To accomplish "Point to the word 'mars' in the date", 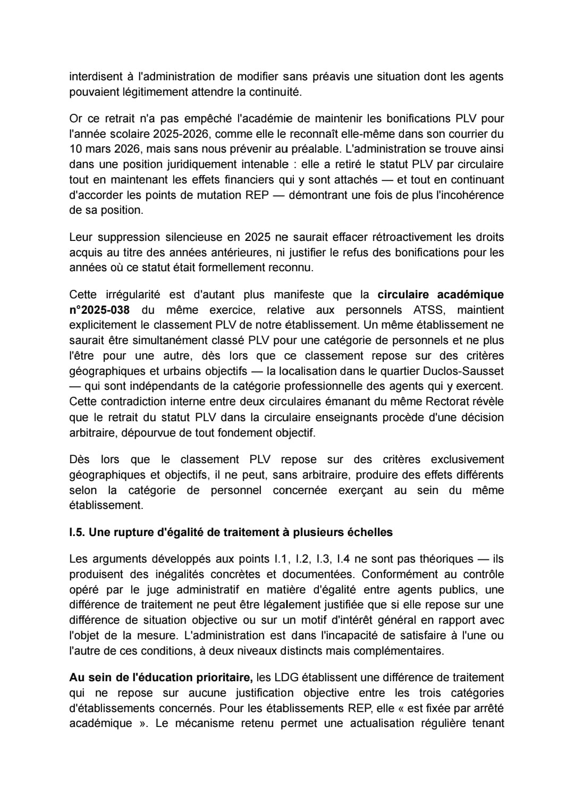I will coord(98,149).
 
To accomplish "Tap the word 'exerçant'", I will coord(360,490).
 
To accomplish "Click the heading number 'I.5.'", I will coord(78,532).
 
